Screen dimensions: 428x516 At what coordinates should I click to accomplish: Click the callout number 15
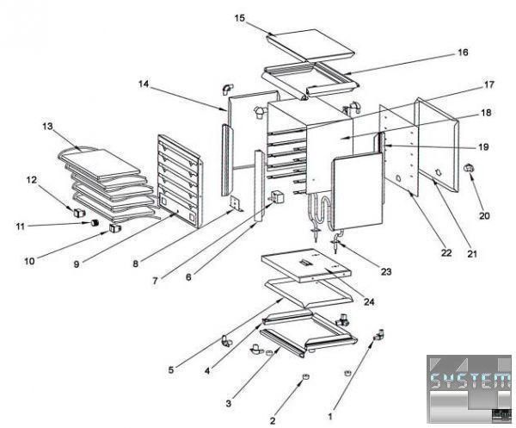coord(239,17)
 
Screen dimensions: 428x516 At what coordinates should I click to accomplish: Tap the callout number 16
coord(463,53)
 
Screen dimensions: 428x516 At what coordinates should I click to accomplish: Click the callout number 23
coord(386,272)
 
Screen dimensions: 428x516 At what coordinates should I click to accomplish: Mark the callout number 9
coord(77,264)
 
